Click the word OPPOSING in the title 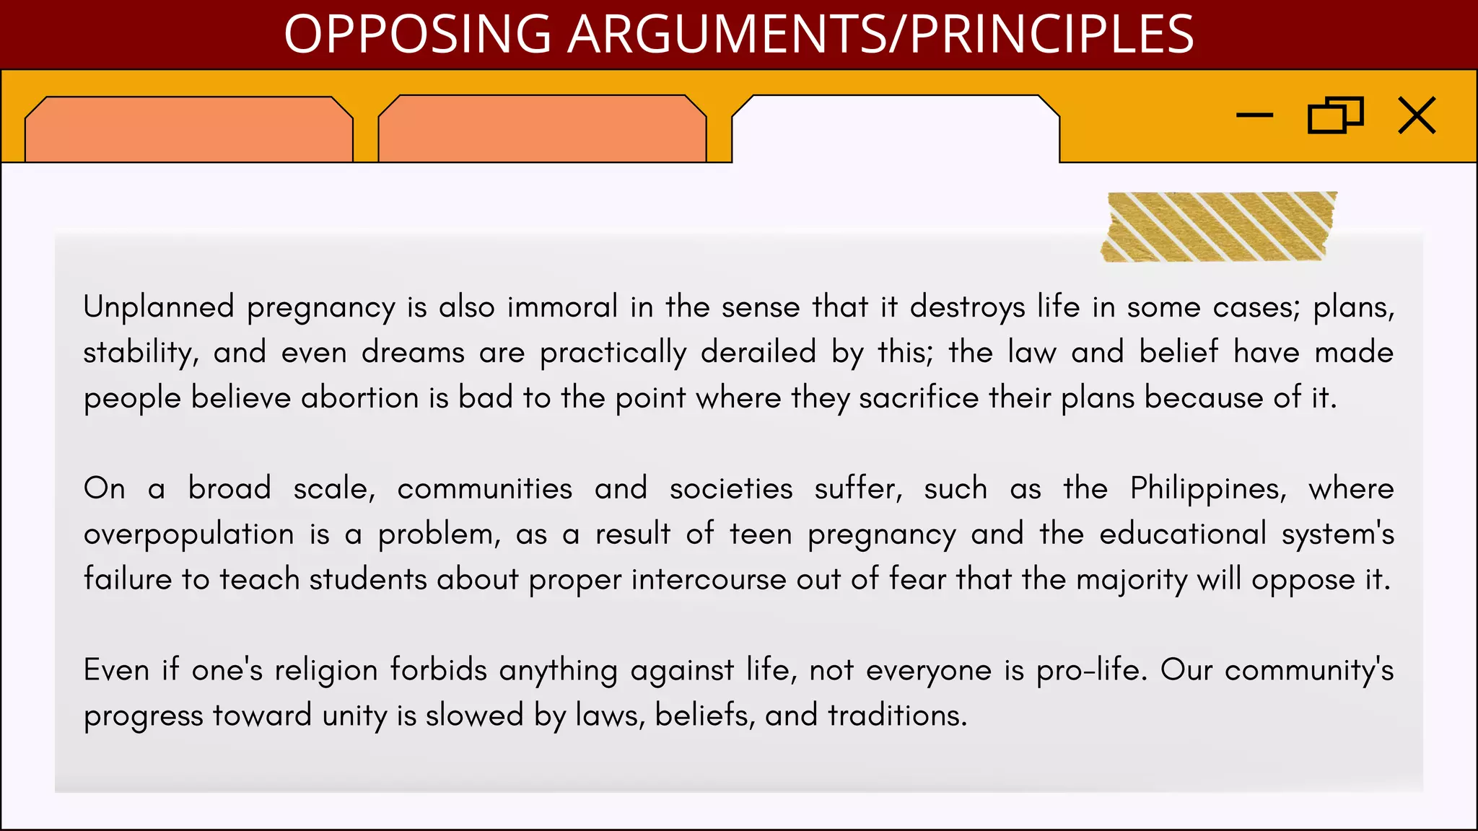coord(418,34)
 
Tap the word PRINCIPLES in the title coord(1051,34)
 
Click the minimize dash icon coord(1254,115)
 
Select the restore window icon coord(1335,115)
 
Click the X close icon coord(1417,115)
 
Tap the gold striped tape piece coord(1218,227)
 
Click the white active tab coord(896,130)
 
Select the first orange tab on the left coord(188,130)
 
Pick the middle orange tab coord(542,130)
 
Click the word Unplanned coord(159,307)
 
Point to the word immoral coord(562,307)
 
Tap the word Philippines coord(1208,489)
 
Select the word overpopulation coord(188,535)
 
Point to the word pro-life coord(1090,670)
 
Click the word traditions coord(897,716)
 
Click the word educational coord(1183,535)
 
